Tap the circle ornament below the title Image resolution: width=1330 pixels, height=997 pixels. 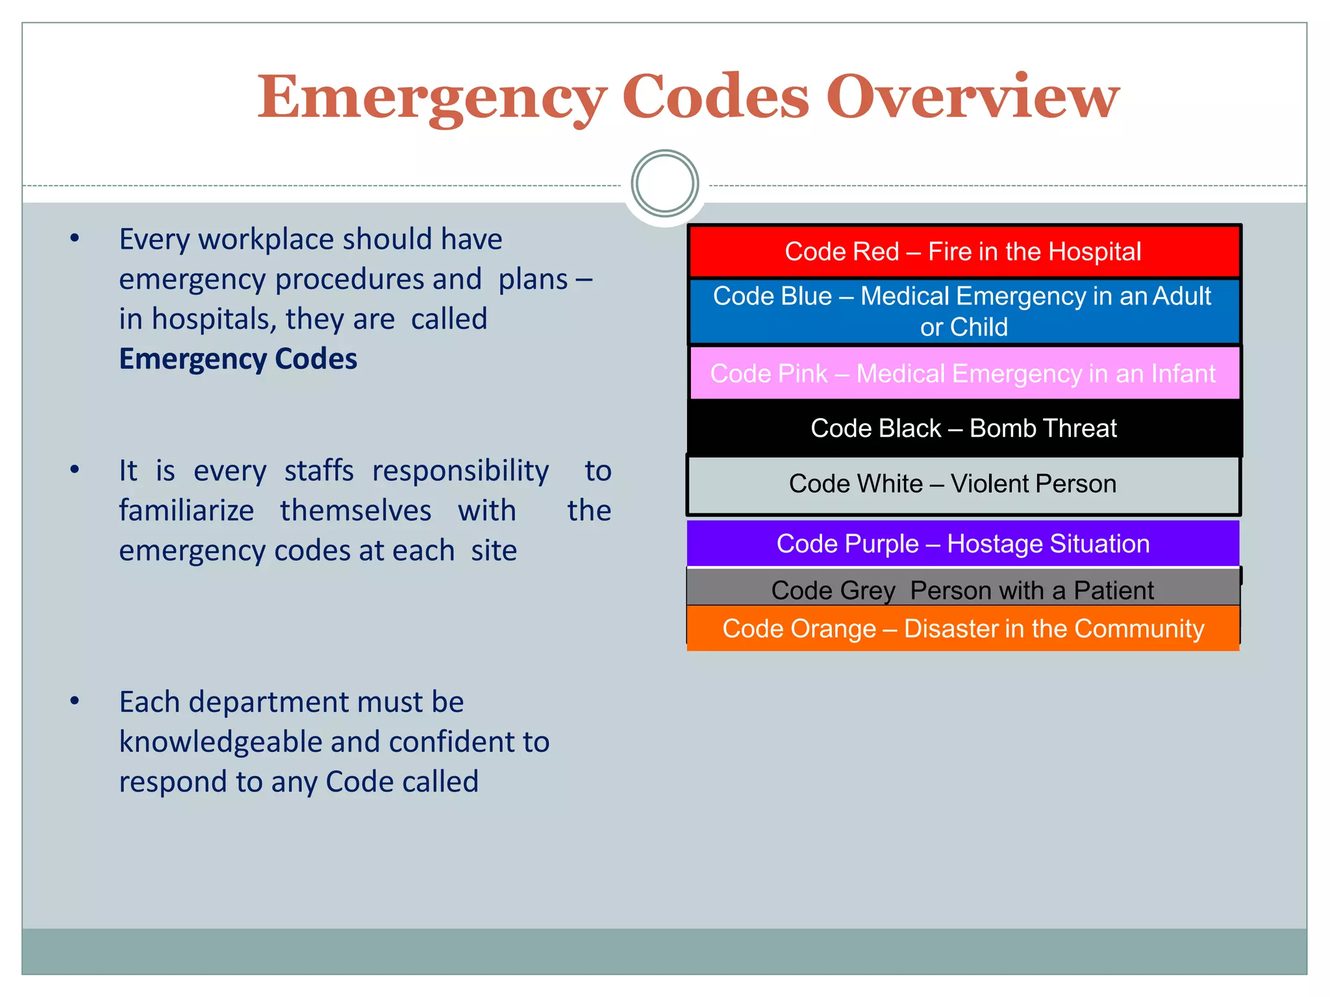664,184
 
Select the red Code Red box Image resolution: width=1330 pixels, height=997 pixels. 964,252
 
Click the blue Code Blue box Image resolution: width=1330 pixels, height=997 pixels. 964,312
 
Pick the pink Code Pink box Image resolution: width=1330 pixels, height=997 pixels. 964,373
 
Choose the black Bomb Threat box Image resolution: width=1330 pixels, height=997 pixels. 964,428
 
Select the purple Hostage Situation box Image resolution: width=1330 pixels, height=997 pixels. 964,544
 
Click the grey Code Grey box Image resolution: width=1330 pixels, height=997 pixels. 964,588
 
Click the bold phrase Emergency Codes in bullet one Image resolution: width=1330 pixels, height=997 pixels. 238,359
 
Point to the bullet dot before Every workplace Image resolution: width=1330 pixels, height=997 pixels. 75,239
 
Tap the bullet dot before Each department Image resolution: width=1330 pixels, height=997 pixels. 75,701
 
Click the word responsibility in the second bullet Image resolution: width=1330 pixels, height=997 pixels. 460,471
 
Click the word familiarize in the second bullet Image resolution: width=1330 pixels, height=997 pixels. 186,511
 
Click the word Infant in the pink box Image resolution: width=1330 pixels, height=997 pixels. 1183,374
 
